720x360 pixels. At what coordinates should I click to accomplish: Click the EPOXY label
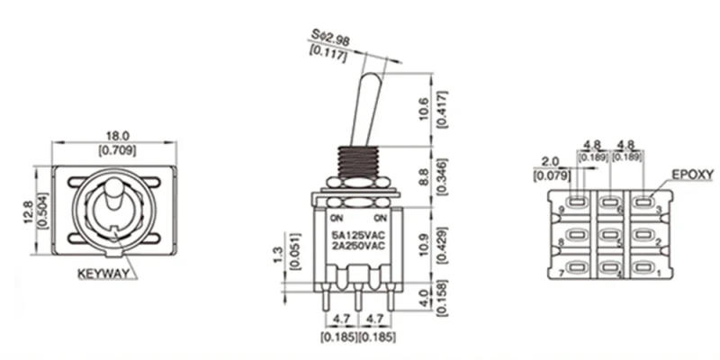pos(692,174)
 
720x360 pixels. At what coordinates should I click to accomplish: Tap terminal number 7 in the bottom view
pos(562,271)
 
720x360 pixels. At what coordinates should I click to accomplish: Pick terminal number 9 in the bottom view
pos(562,210)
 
